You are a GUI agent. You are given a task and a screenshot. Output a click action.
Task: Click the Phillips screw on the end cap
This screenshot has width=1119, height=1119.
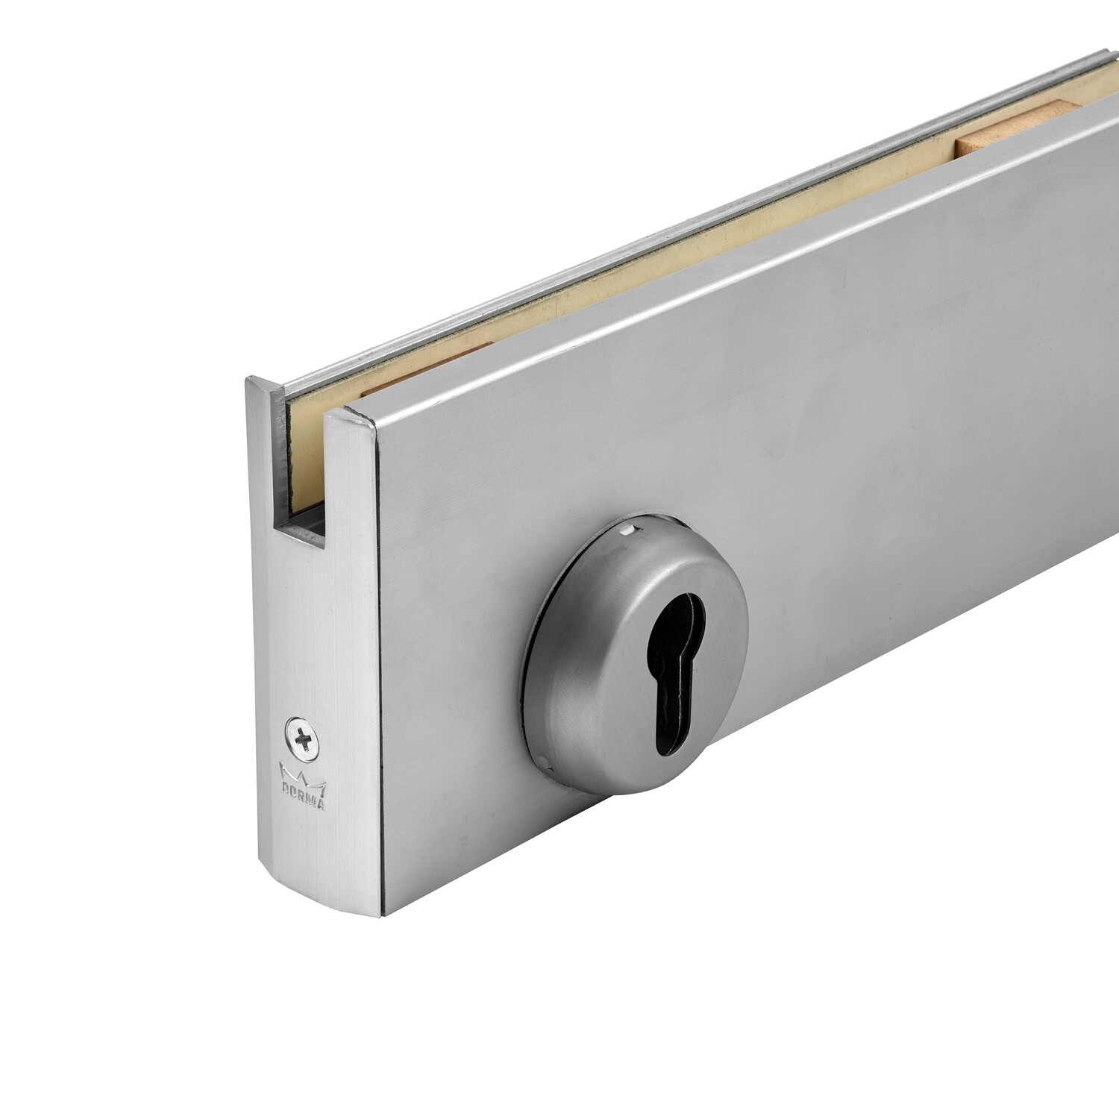301,740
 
